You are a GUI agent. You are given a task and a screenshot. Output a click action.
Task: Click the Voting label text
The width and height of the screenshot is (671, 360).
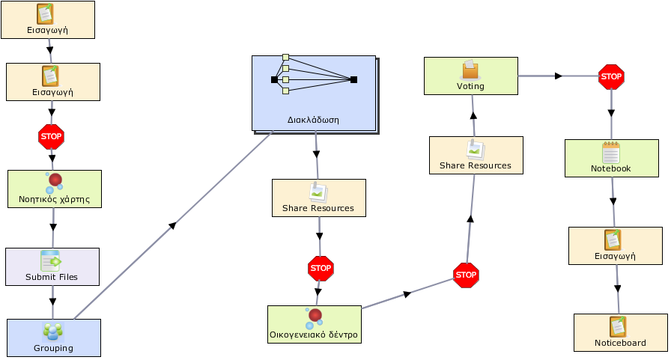(x=470, y=86)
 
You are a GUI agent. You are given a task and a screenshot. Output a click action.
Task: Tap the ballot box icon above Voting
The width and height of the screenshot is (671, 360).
(x=470, y=70)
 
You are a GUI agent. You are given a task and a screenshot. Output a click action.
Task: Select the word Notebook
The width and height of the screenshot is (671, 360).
(x=610, y=168)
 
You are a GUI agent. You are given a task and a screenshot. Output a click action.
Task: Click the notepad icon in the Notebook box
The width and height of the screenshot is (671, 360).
(x=610, y=153)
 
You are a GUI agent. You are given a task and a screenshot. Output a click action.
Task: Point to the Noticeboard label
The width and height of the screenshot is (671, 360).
(x=620, y=343)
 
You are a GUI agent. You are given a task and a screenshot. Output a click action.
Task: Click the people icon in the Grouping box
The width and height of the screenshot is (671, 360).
(x=53, y=332)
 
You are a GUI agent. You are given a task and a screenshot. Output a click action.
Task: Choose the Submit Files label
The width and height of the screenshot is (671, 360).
(x=52, y=277)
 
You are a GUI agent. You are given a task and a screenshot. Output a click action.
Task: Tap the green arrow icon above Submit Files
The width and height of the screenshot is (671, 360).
(x=51, y=260)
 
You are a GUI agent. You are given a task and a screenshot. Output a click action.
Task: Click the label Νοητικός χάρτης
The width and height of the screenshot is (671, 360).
(x=55, y=199)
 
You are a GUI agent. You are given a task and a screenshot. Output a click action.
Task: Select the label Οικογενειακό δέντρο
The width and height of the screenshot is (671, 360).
(x=314, y=335)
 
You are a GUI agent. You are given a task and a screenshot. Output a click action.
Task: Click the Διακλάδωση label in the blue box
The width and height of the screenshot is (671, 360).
(x=313, y=120)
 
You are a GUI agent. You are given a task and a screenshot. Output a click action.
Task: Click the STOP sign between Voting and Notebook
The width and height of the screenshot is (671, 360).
(x=611, y=76)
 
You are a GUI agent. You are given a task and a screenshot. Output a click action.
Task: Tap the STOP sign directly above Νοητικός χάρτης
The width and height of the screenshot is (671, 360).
(x=51, y=137)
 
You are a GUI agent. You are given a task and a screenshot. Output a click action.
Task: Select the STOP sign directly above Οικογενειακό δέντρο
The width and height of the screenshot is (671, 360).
(x=321, y=269)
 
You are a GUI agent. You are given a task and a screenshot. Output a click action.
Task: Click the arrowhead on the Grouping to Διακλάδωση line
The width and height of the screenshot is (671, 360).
(x=172, y=225)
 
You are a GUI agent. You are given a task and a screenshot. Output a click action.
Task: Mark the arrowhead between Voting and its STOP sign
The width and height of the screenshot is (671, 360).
(x=559, y=76)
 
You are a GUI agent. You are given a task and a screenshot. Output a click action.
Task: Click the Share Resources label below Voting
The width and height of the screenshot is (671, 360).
(x=476, y=165)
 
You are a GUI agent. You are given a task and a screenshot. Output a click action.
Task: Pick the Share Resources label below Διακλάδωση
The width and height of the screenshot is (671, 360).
(x=318, y=208)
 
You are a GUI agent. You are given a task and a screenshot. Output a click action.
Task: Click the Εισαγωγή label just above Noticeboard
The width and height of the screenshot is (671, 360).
(x=615, y=256)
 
